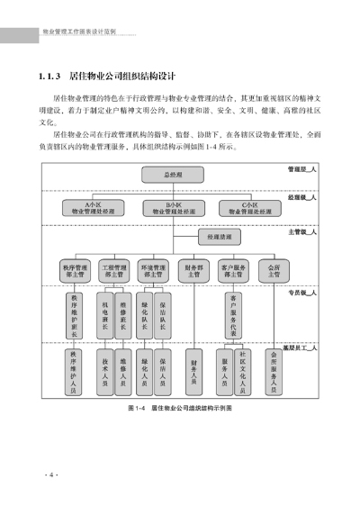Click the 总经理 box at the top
point(174,175)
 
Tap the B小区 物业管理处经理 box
point(174,208)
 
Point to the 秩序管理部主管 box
point(76,270)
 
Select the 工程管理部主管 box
point(113,270)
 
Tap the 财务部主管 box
point(193,270)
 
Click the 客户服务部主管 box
point(232,270)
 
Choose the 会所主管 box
point(273,270)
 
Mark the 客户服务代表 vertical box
point(232,315)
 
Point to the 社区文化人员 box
point(242,372)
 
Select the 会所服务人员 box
point(273,370)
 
